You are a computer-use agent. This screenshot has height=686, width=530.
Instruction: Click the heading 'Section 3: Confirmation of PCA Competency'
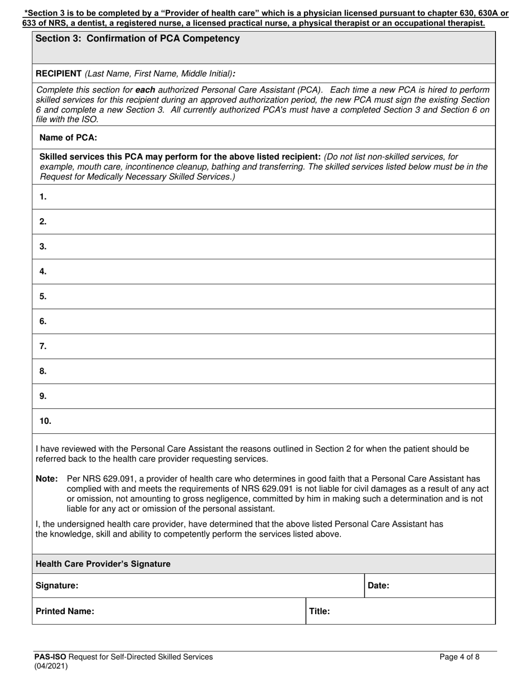137,38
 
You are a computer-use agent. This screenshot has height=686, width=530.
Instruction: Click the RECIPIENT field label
59,74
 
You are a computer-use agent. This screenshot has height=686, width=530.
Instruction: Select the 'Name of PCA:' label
68,137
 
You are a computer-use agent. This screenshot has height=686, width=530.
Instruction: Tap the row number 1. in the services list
43,196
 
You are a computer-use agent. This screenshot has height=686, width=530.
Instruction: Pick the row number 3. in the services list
43,246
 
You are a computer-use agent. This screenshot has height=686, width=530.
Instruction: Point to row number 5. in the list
43,296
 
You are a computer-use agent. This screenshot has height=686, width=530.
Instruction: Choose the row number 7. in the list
43,346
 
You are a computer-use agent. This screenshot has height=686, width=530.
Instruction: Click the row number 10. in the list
45,421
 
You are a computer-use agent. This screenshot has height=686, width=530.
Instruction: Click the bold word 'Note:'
47,479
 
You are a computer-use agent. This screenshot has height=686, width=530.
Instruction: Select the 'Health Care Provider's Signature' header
103,564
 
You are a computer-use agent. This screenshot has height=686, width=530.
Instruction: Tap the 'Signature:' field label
57,586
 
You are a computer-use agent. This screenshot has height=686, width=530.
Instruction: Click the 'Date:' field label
378,586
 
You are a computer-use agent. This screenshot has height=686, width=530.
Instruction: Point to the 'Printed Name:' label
65,611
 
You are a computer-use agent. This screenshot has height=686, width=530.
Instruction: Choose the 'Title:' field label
320,611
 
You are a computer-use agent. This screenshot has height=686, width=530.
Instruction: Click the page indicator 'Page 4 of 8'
459,657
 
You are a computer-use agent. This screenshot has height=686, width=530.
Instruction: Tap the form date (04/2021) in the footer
51,666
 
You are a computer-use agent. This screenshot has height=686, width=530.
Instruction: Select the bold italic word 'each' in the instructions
145,89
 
